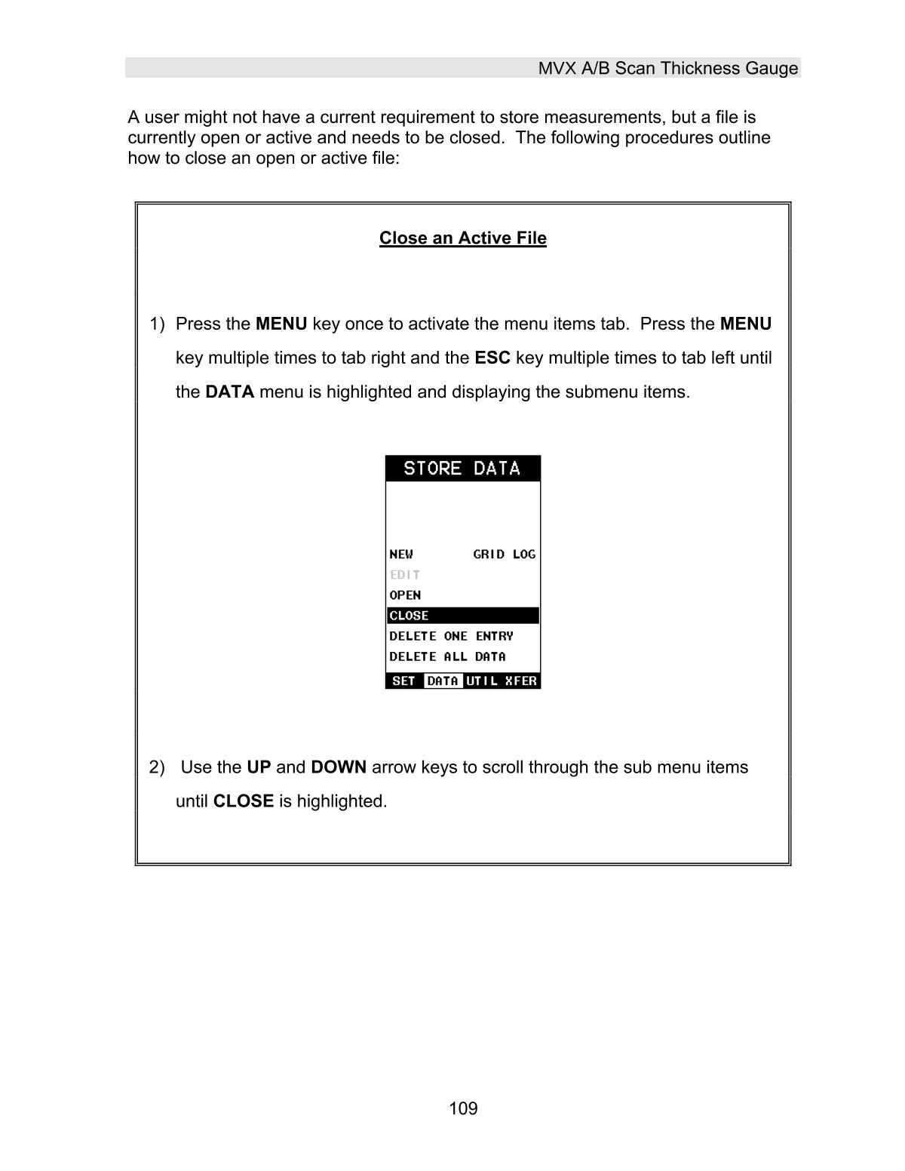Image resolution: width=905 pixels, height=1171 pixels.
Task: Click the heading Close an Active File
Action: pos(462,238)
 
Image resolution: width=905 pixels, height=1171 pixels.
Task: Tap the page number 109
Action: pos(463,1108)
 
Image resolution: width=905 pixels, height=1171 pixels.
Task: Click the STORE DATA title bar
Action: pos(462,469)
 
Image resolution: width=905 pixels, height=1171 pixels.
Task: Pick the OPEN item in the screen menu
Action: pos(405,595)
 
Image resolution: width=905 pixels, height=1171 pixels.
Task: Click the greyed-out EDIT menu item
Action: pos(405,575)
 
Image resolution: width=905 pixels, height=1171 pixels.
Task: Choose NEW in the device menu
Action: pos(401,555)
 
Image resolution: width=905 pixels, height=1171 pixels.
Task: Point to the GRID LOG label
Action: pos(504,555)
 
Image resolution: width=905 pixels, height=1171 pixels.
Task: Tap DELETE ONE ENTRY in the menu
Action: pos(451,636)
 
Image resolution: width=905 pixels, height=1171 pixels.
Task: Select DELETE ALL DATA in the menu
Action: pos(447,656)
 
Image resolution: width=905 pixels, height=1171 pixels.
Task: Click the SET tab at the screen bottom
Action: pos(404,681)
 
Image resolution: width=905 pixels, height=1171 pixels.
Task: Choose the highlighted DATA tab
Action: pos(443,681)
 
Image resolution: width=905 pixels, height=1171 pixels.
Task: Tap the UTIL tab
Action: pos(482,681)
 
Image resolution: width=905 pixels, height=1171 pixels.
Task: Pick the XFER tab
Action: pos(521,681)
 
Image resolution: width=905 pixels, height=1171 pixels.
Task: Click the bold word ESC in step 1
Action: pos(492,358)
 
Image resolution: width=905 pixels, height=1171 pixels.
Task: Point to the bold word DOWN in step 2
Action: pos(339,767)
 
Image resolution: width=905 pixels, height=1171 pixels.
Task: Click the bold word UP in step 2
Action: pos(259,767)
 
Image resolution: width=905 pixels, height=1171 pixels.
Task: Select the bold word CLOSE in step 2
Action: pos(244,801)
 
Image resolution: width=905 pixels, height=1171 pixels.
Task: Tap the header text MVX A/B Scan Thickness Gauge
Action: pos(667,69)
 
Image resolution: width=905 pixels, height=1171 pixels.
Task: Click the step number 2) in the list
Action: pos(157,767)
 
